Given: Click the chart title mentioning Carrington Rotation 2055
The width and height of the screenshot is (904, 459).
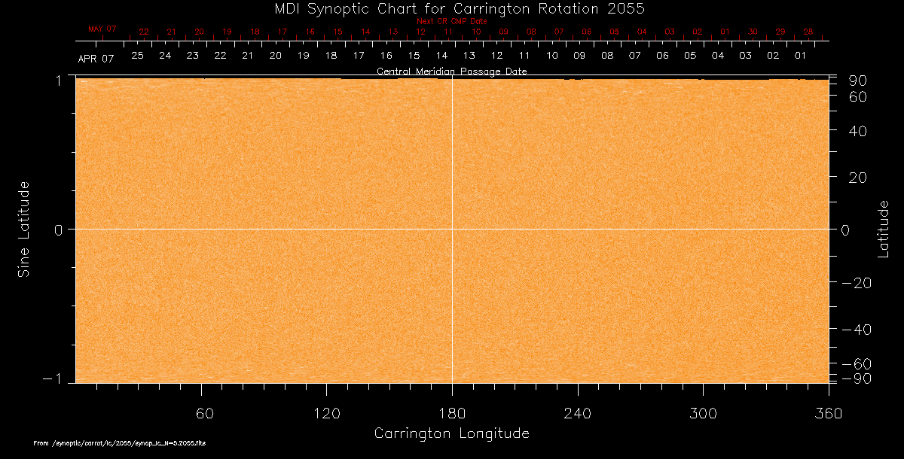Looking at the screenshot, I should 451,8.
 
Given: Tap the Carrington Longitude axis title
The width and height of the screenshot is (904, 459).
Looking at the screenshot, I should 451,433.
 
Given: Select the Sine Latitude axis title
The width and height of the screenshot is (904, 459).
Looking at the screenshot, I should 24,229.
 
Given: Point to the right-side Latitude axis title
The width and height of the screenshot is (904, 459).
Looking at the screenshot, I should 884,229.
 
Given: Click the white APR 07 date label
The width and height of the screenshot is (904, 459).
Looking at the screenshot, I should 96,58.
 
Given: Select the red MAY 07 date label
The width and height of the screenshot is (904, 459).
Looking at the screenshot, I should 102,29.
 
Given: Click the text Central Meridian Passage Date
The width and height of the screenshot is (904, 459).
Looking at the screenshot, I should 451,71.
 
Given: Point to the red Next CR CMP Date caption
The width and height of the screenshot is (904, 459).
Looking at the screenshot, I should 451,21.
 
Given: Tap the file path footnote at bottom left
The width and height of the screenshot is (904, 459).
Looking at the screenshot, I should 120,443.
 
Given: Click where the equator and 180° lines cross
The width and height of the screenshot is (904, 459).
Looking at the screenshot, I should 452,229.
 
